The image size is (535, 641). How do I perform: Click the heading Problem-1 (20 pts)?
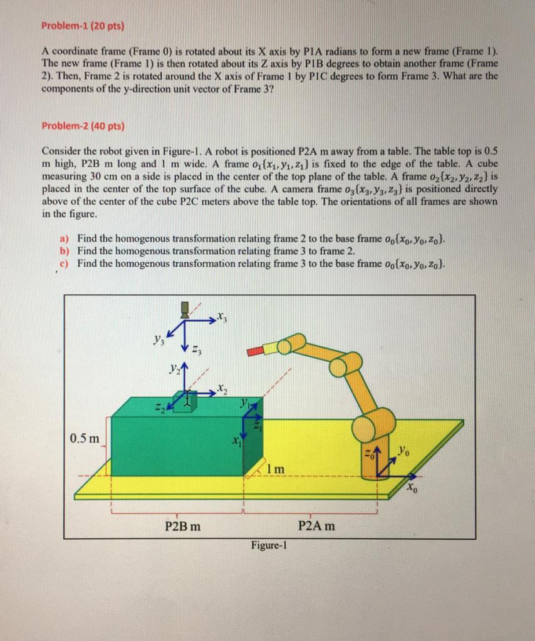coord(83,26)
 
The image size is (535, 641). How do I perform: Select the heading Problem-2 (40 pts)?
coord(83,126)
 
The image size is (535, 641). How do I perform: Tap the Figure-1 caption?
coord(269,545)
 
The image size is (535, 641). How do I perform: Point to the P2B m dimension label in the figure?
coord(183,526)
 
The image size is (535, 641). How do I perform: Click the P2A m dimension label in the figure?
coord(316,526)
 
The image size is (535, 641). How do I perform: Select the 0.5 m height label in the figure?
coord(85,438)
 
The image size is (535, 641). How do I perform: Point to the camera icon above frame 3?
coord(184,308)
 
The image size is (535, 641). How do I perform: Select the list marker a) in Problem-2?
coord(64,238)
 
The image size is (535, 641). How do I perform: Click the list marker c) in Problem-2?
coord(64,263)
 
